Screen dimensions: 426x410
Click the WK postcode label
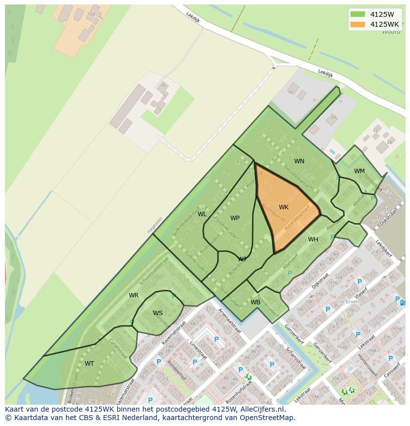(283, 207)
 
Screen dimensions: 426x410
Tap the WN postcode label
(299, 161)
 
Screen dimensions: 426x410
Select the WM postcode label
(359, 171)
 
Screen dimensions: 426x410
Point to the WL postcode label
(202, 214)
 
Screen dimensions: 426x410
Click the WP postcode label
(235, 218)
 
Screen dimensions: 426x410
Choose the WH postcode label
(313, 239)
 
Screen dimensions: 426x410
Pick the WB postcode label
(255, 302)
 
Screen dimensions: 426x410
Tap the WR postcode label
(134, 295)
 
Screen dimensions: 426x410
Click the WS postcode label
(157, 313)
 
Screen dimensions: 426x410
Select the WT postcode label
(89, 364)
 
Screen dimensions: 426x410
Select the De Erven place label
(348, 301)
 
